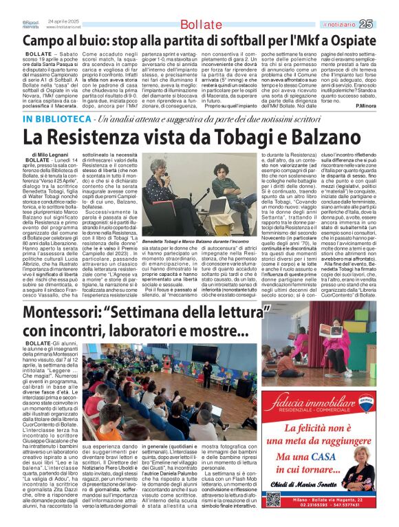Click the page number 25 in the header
(x=385, y=23)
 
